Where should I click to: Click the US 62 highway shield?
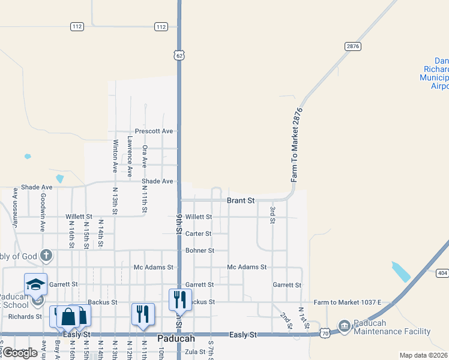pyautogui.click(x=179, y=55)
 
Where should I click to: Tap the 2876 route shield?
pyautogui.click(x=352, y=46)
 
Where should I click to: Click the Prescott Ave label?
pyautogui.click(x=154, y=131)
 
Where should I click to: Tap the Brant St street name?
pyautogui.click(x=241, y=200)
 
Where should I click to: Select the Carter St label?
pyautogui.click(x=198, y=233)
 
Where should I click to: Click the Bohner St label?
pyautogui.click(x=200, y=250)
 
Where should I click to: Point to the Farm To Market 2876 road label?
pyautogui.click(x=295, y=145)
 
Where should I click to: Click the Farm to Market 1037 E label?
pyautogui.click(x=347, y=302)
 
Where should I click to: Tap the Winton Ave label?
pyautogui.click(x=115, y=158)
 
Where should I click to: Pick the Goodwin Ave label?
pyautogui.click(x=43, y=212)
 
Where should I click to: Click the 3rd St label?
pyautogui.click(x=273, y=215)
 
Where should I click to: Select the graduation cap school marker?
pyautogui.click(x=35, y=283)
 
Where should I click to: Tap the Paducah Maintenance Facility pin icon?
pyautogui.click(x=345, y=327)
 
